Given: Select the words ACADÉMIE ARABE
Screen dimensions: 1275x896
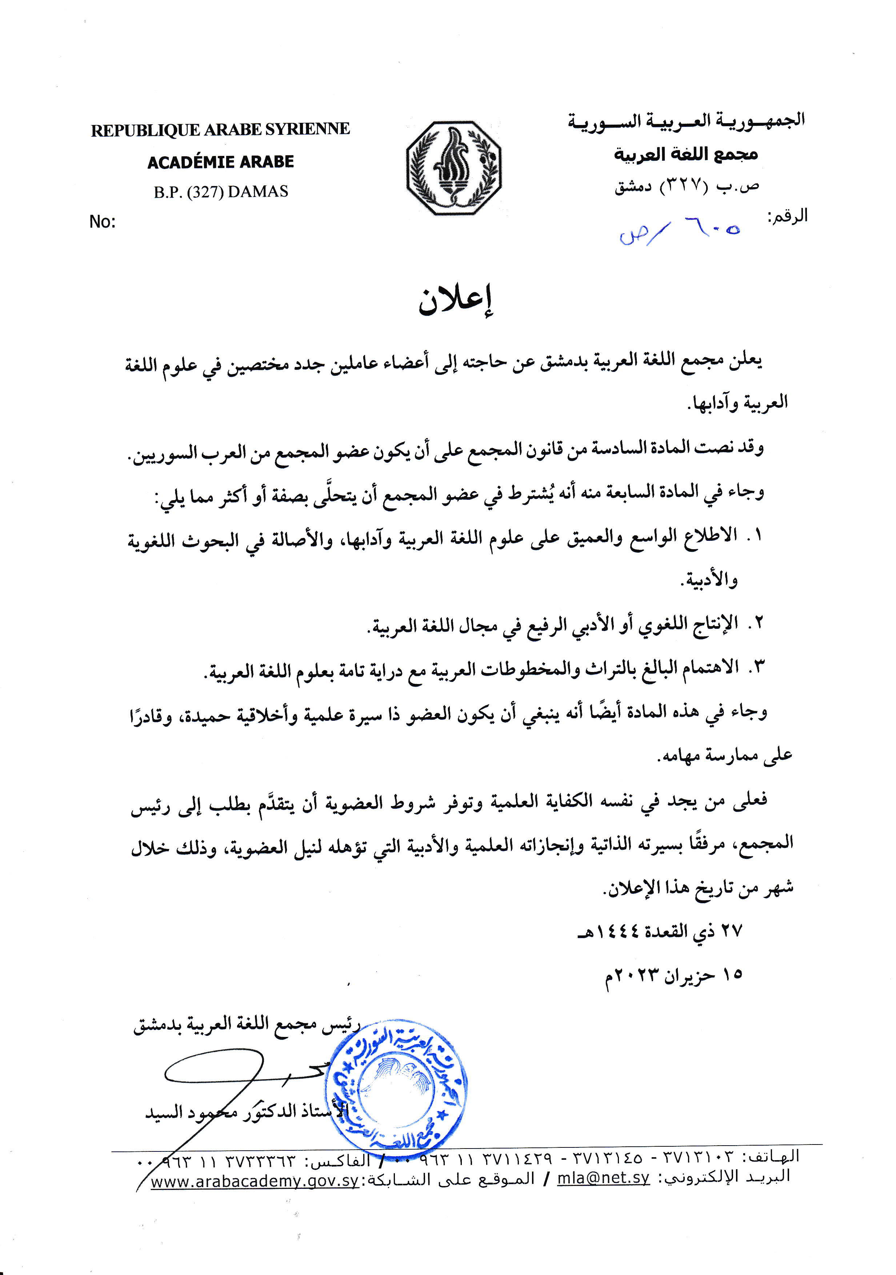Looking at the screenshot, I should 220,162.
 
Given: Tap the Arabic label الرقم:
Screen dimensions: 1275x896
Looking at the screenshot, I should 787,216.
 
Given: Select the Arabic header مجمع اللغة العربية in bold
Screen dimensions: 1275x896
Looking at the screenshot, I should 685,154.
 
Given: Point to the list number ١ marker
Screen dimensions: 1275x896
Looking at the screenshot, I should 756,535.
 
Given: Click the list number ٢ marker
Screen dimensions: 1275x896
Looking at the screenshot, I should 756,623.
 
